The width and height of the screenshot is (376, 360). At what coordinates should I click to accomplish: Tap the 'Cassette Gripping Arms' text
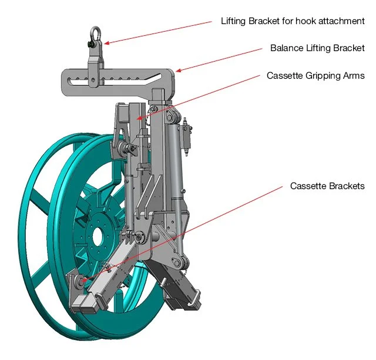tap(315, 76)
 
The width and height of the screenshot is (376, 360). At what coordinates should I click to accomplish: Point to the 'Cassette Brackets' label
tap(327, 186)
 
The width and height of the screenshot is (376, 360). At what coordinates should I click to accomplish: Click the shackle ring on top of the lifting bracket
tap(95, 33)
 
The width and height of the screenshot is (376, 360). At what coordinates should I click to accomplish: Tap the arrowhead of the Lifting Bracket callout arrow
tap(106, 42)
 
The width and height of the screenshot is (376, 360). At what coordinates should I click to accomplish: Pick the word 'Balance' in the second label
tap(284, 48)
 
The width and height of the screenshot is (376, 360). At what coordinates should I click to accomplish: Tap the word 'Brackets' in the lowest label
tap(347, 186)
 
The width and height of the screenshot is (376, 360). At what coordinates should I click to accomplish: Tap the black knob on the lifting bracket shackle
tap(89, 45)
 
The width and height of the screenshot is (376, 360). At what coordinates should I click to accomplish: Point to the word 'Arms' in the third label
tap(354, 76)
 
